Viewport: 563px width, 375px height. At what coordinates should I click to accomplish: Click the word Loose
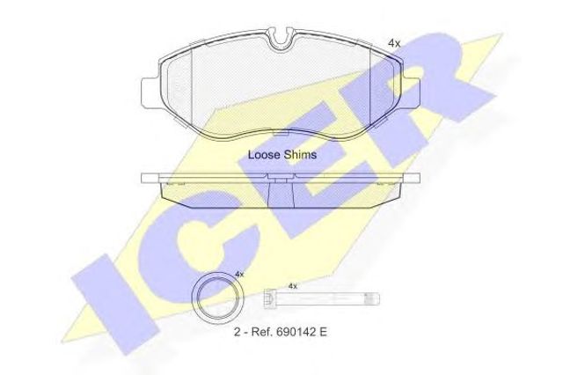pyautogui.click(x=264, y=154)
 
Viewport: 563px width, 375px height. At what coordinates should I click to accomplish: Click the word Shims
pyautogui.click(x=300, y=154)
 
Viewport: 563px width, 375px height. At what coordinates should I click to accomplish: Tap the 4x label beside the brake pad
pyautogui.click(x=394, y=43)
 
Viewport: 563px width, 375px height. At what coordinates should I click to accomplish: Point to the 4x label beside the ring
pyautogui.click(x=239, y=275)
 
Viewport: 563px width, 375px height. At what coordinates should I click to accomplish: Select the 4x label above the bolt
pyautogui.click(x=293, y=286)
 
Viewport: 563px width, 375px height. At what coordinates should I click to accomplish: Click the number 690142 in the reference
pyautogui.click(x=296, y=332)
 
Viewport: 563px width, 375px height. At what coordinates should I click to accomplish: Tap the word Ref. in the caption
pyautogui.click(x=261, y=332)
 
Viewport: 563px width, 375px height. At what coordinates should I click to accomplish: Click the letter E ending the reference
pyautogui.click(x=323, y=332)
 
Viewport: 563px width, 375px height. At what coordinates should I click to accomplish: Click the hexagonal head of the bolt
pyautogui.click(x=268, y=298)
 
